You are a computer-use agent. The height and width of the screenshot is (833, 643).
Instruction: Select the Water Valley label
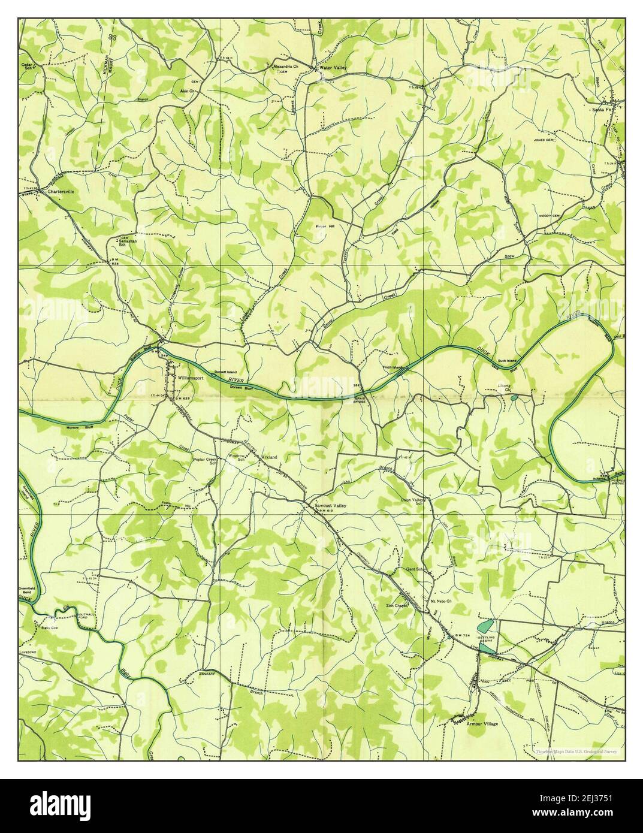pos(333,68)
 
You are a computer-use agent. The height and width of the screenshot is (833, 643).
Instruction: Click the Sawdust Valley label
pos(330,506)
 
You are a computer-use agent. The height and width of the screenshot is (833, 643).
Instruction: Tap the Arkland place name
pos(269,457)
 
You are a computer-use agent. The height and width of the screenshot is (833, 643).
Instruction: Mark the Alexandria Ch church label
pos(286,67)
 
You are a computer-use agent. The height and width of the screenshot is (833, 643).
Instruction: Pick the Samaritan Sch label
pos(128,242)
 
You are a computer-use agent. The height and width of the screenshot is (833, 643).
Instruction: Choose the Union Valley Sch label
pos(412,502)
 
